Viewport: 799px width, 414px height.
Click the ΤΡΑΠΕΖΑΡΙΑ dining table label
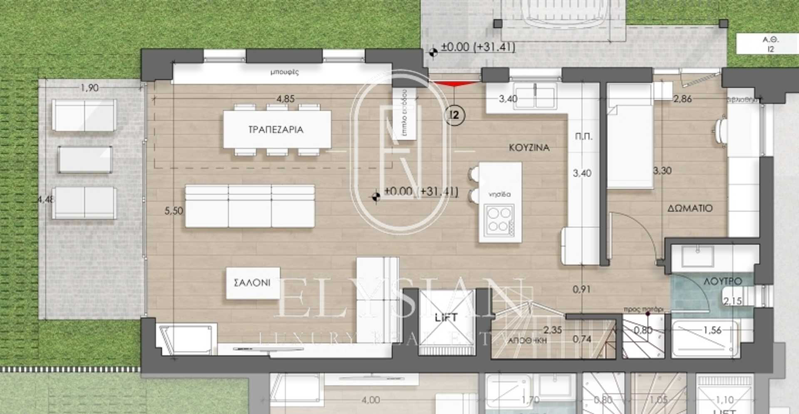click(x=276, y=130)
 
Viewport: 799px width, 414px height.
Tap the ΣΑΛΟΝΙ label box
click(x=252, y=283)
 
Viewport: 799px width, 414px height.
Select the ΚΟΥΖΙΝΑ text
click(x=529, y=148)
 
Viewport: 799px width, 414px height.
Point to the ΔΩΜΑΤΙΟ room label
click(x=690, y=208)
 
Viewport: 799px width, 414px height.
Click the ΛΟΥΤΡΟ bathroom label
click(x=722, y=281)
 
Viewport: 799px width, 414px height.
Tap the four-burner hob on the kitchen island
click(x=499, y=219)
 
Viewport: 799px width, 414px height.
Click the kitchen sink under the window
click(x=535, y=96)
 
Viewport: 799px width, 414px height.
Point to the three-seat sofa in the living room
click(x=250, y=206)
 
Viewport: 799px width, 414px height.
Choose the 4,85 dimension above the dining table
click(x=285, y=99)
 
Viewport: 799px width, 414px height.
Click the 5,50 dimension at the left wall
click(x=174, y=211)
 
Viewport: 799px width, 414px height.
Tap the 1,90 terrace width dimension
click(x=89, y=88)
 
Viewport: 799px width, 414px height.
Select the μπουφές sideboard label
click(x=284, y=72)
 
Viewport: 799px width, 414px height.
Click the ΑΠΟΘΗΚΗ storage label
click(x=527, y=340)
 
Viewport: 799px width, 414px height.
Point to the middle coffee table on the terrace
click(x=85, y=159)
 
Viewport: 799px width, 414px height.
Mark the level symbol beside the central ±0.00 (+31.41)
click(x=376, y=196)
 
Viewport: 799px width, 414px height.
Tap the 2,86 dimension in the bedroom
click(x=682, y=99)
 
